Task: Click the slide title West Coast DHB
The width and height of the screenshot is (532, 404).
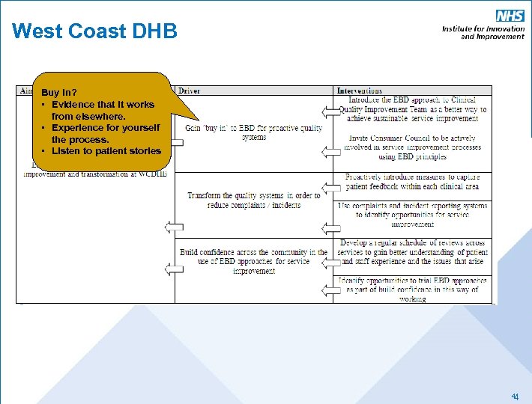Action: tap(94, 31)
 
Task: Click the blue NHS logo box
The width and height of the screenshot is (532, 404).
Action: tap(510, 16)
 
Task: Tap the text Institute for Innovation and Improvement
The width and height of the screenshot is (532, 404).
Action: tap(483, 32)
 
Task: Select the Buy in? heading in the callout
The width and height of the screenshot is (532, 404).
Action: tap(59, 93)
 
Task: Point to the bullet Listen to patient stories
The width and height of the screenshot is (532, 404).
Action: tap(105, 151)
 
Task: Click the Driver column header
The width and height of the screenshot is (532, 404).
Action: tap(190, 91)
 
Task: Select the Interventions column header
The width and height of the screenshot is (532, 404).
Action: tap(360, 91)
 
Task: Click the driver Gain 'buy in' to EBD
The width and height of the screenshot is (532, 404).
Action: tap(253, 132)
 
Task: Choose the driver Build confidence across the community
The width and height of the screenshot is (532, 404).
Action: tap(253, 261)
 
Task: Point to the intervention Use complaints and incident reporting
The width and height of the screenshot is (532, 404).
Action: tap(413, 215)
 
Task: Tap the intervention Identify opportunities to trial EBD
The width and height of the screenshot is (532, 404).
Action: tap(413, 289)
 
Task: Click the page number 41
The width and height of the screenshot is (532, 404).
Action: tap(515, 396)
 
